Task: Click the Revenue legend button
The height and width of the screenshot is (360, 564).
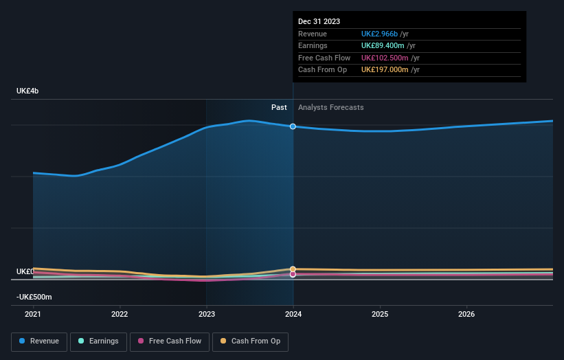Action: tap(39, 341)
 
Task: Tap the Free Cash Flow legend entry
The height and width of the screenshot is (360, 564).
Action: tap(169, 341)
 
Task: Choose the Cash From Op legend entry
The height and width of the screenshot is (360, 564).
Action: tap(250, 341)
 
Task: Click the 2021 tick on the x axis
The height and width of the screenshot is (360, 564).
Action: tap(33, 314)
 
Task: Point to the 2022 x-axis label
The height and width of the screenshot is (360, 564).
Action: tap(120, 314)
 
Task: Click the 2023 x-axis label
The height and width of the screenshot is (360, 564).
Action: tap(206, 314)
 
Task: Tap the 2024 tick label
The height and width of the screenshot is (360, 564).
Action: tap(293, 314)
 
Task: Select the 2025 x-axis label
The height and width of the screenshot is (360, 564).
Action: tap(380, 314)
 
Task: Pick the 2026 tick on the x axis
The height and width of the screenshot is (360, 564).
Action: tap(466, 314)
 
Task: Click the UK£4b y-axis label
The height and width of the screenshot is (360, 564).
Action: tap(28, 91)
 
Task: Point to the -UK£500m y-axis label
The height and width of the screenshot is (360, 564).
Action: tap(34, 297)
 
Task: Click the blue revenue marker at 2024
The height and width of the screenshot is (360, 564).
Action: tap(293, 126)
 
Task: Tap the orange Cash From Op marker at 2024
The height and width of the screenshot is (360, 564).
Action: tap(293, 269)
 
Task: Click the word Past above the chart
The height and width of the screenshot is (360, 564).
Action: tap(279, 107)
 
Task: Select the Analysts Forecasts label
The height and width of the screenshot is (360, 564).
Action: tap(330, 107)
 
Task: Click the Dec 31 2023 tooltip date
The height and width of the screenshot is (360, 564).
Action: tap(319, 22)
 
